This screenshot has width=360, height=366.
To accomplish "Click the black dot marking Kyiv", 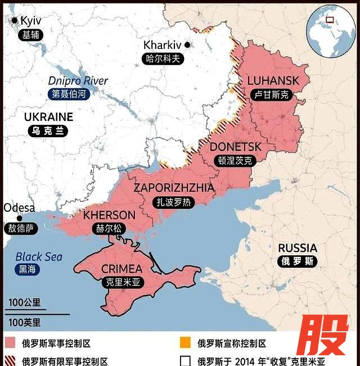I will coord(15,20).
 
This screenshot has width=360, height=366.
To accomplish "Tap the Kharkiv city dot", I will coord(187,44).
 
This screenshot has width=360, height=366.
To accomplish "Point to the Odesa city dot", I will coord(20,218).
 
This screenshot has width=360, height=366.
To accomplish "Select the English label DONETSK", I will coord(236,147).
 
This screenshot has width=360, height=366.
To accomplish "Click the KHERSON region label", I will coord(109,215).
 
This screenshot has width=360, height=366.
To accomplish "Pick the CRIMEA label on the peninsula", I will coord(121,269).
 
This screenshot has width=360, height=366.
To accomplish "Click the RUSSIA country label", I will coord(298,248).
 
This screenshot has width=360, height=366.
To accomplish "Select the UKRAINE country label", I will coord(48,117).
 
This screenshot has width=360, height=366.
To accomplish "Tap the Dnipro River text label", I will coord(78,81).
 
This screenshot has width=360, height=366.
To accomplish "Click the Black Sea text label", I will coord(39,256).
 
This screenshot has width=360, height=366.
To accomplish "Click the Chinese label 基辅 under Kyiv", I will coord(31,34).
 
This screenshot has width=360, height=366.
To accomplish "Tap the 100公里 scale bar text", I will coord(24,302).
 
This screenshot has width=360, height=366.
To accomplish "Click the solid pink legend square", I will coord(10,343).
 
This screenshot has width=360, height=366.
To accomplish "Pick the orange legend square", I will coord(185,343).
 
